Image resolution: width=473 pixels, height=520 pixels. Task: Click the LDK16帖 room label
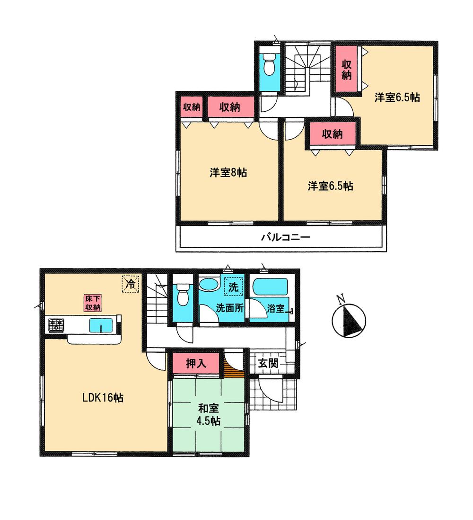click(x=103, y=398)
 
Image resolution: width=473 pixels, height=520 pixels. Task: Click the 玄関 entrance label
click(x=268, y=364)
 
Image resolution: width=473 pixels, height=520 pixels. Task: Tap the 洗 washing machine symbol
click(x=233, y=287)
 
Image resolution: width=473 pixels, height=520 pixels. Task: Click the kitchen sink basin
click(x=101, y=326)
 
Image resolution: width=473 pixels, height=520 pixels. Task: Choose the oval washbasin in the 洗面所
click(x=209, y=286)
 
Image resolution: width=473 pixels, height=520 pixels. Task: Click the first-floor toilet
click(x=182, y=296)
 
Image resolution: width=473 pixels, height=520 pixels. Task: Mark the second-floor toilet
click(x=269, y=65)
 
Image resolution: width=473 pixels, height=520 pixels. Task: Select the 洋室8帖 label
click(x=228, y=173)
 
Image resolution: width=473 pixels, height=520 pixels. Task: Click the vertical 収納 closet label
click(x=347, y=69)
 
